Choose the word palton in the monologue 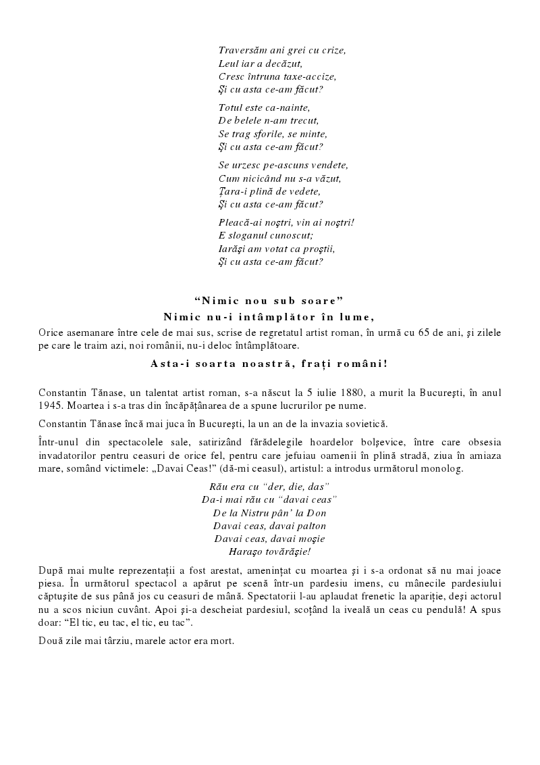click(x=308, y=525)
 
